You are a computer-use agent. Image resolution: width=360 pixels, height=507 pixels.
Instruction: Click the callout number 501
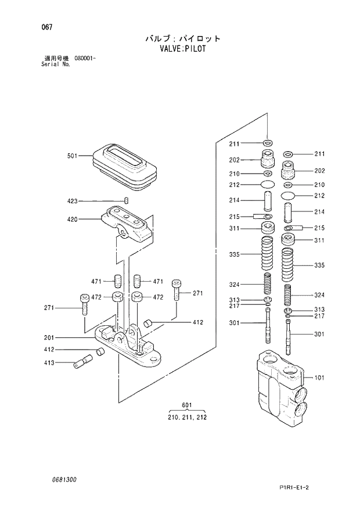coord(73,156)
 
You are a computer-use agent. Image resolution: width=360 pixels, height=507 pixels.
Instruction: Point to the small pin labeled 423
coord(126,201)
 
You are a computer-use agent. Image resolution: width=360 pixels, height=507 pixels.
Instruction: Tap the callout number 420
coord(73,220)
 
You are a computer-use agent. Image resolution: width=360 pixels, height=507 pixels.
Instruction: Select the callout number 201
coord(49,337)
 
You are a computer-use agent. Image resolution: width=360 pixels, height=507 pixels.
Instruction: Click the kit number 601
coord(186,405)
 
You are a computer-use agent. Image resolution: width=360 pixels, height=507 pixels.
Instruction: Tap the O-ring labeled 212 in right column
coord(287,196)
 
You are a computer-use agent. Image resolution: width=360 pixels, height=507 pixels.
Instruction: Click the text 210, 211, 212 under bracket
coord(186,417)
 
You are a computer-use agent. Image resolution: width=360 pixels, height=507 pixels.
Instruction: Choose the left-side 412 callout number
coord(49,350)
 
